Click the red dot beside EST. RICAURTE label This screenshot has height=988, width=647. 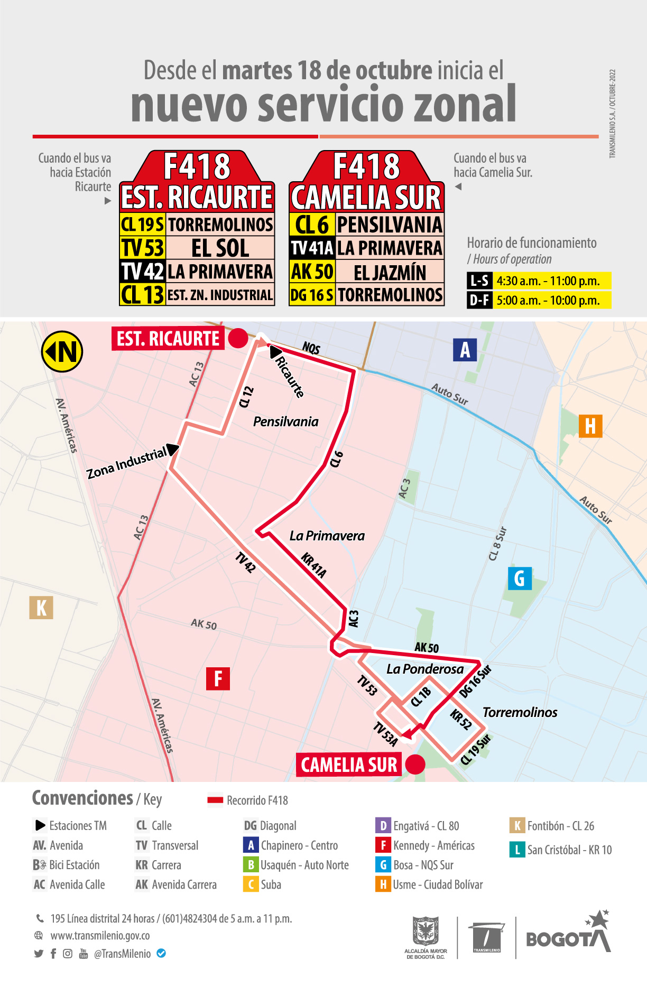(x=238, y=338)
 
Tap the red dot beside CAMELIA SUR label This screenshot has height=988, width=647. (x=415, y=764)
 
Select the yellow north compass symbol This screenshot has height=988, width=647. (x=62, y=351)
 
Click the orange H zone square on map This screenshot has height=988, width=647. (x=590, y=426)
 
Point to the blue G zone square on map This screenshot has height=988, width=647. (x=520, y=579)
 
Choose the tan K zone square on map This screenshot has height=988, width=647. (x=41, y=608)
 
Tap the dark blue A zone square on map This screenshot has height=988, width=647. (x=465, y=350)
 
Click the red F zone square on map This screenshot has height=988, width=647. (x=218, y=678)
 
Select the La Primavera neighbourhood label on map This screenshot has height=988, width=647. (x=327, y=536)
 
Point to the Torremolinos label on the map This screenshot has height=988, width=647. (x=520, y=712)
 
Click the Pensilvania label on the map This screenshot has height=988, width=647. (x=285, y=422)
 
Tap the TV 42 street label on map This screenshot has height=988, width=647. (x=245, y=562)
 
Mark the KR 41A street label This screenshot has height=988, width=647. (x=314, y=565)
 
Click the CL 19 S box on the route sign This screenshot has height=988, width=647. (x=143, y=225)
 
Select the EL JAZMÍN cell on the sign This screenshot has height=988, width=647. (x=390, y=272)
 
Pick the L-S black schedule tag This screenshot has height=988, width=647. (x=479, y=281)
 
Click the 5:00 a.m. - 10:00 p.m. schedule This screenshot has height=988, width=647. (x=548, y=301)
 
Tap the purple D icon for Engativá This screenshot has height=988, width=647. (x=383, y=825)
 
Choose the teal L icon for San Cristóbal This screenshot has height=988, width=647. (x=516, y=850)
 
